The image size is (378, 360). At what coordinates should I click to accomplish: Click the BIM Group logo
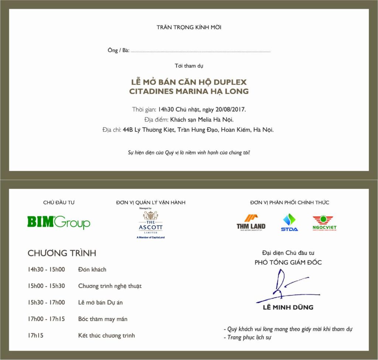pyautogui.click(x=59, y=222)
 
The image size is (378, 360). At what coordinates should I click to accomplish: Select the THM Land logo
pyautogui.click(x=251, y=222)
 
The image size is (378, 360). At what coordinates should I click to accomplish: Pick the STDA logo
pyautogui.click(x=289, y=223)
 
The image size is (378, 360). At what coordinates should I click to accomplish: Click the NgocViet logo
pyautogui.click(x=325, y=223)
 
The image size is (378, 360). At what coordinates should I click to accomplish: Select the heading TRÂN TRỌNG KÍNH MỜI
pyautogui.click(x=189, y=27)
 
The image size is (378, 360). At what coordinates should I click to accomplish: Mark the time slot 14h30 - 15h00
pyautogui.click(x=46, y=270)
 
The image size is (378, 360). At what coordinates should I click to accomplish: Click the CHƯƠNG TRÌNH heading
pyautogui.click(x=62, y=253)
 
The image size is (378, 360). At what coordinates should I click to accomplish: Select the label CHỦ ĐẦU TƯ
pyautogui.click(x=59, y=202)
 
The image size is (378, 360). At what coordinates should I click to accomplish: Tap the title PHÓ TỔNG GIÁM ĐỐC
pyautogui.click(x=288, y=263)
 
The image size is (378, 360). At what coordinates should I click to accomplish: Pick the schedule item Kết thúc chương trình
pyautogui.click(x=106, y=336)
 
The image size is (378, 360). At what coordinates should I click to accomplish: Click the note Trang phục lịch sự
pyautogui.click(x=249, y=337)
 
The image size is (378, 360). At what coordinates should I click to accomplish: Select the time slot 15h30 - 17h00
pyautogui.click(x=46, y=302)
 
